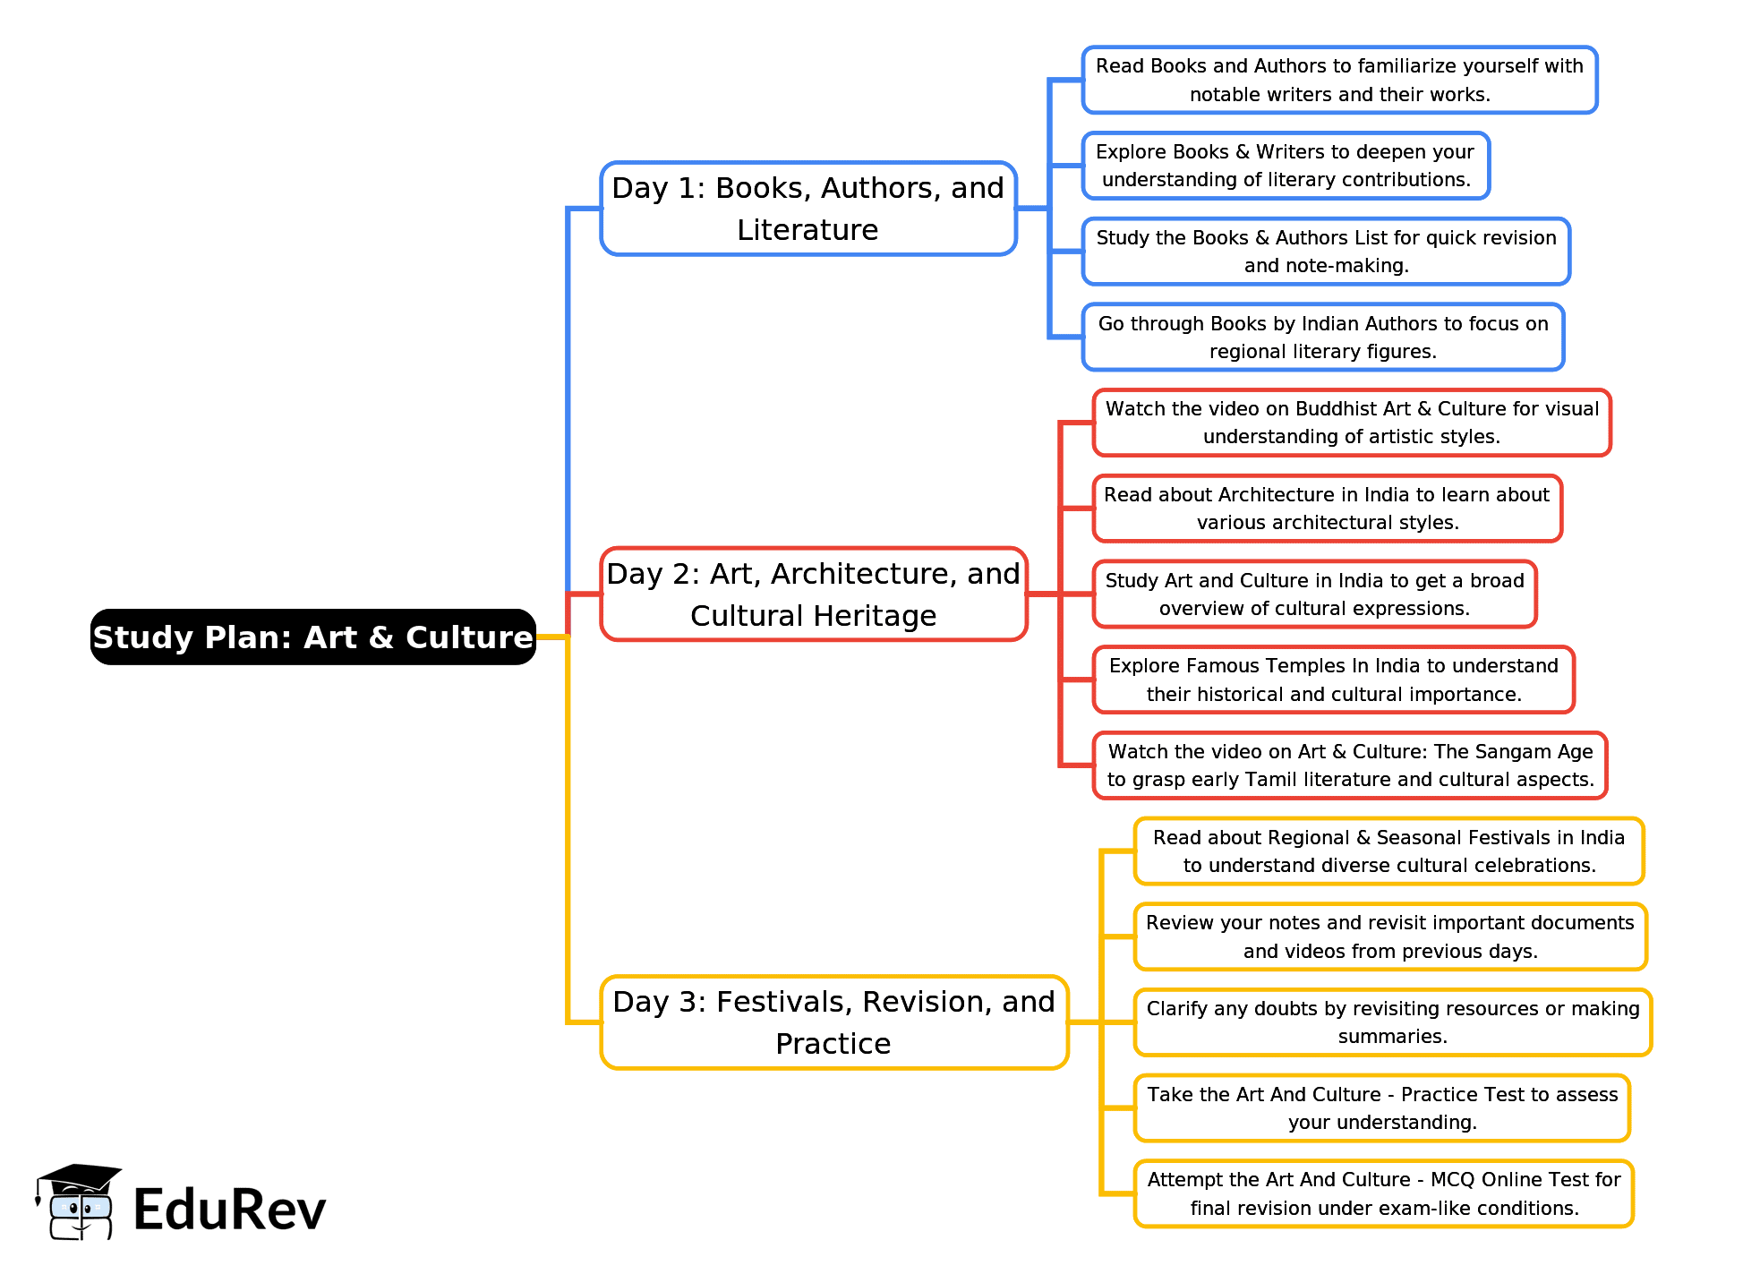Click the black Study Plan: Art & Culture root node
[x=313, y=637]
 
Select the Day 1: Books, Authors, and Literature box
[x=808, y=209]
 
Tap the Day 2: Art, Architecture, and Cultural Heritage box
[x=814, y=594]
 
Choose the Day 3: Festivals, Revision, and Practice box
[x=834, y=1022]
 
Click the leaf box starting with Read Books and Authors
[x=1339, y=80]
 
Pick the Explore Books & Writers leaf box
[x=1286, y=166]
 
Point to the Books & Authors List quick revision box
[x=1326, y=252]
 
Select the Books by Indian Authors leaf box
[x=1323, y=338]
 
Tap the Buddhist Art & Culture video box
[x=1352, y=423]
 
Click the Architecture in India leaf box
[x=1328, y=509]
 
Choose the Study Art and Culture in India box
[x=1314, y=594]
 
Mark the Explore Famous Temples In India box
[x=1334, y=680]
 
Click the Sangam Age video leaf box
[x=1350, y=765]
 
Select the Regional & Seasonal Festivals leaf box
[x=1388, y=851]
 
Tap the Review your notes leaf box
[x=1390, y=936]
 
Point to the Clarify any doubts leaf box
[x=1393, y=1022]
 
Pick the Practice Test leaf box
[x=1382, y=1108]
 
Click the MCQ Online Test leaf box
[x=1384, y=1193]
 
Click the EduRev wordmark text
[x=230, y=1210]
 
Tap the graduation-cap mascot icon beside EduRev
[x=79, y=1201]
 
